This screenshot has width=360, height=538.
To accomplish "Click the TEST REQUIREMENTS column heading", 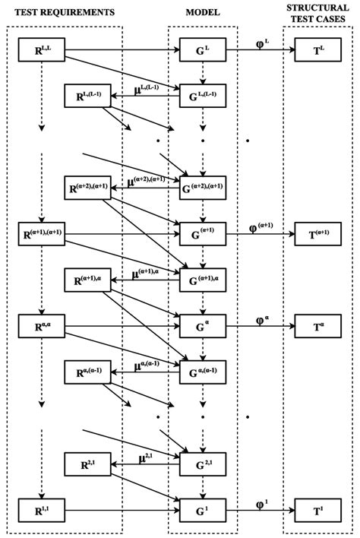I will click(x=61, y=13).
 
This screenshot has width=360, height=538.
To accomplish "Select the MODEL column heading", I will click(x=203, y=13).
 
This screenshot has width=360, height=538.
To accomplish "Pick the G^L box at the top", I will click(x=203, y=51).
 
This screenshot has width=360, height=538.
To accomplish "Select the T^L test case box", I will click(x=317, y=51).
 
